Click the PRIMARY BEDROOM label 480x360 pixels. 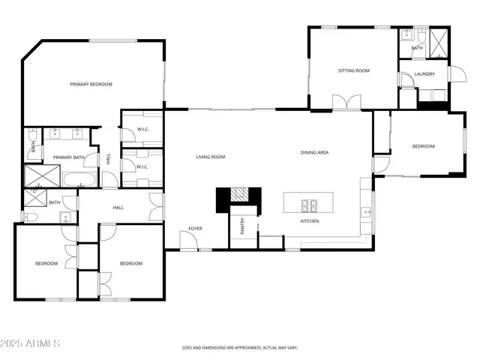(x=91, y=84)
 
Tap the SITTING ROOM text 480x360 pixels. (x=354, y=70)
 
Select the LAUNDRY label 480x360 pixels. (x=425, y=74)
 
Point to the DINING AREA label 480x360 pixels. (x=314, y=152)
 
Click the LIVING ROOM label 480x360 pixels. (x=211, y=157)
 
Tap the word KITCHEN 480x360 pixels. (x=310, y=221)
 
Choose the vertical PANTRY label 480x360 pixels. (x=242, y=226)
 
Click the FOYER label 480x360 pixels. (x=195, y=229)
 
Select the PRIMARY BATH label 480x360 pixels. (x=68, y=157)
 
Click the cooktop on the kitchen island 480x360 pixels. (x=310, y=205)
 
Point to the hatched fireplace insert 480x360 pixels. (x=238, y=195)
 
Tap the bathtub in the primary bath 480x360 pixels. (x=79, y=179)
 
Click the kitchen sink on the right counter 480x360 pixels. (x=367, y=212)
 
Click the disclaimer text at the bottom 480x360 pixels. (x=240, y=347)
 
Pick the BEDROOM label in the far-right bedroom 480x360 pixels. (x=423, y=146)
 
